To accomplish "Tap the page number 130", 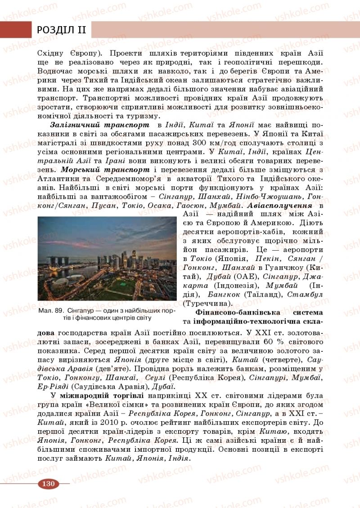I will coord(49,484).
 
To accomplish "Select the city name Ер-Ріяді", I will coord(53,387).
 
